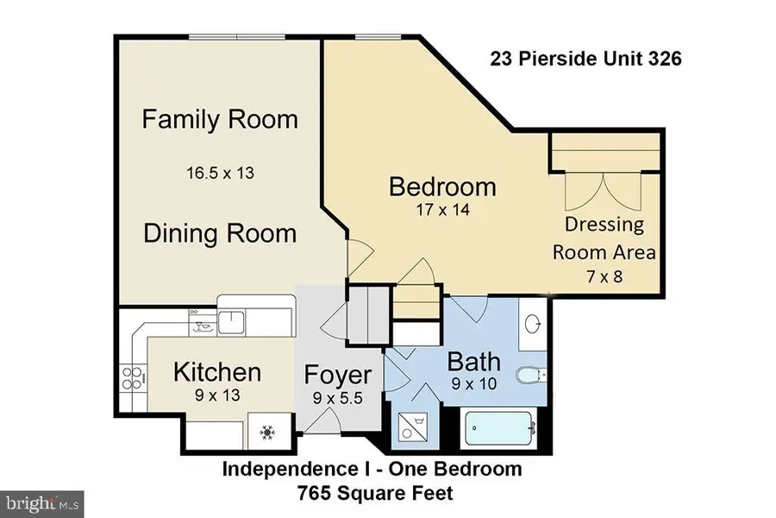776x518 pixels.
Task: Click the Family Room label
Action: click(220, 118)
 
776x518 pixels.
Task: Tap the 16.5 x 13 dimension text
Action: click(220, 173)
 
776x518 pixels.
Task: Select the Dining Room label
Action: click(220, 233)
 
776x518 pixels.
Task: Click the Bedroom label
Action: click(442, 186)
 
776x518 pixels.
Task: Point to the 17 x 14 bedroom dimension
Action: click(442, 209)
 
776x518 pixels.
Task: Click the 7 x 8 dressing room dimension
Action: click(604, 278)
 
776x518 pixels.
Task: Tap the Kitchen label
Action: click(217, 372)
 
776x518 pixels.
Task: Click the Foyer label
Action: click(338, 376)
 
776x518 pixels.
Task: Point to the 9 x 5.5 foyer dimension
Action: click(338, 400)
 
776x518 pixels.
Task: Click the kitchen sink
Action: click(231, 323)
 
